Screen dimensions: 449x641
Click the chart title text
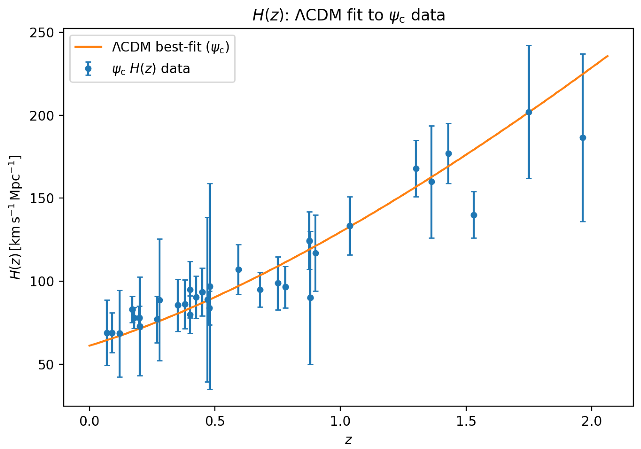coord(348,15)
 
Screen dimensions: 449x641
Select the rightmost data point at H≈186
coord(583,138)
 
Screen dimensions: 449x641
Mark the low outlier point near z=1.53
coord(474,215)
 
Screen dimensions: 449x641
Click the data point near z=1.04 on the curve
coord(350,226)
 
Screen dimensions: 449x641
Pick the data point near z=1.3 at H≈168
coord(416,169)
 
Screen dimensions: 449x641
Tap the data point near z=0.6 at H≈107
coord(238,269)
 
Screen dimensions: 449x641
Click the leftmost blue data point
coord(107,333)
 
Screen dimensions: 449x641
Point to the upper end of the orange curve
coord(608,56)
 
